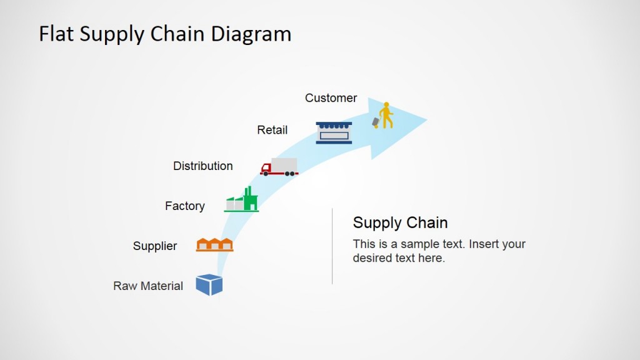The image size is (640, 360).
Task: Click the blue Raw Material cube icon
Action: point(209,284)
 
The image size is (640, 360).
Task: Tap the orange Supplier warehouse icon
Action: point(214,244)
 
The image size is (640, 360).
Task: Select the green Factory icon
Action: point(242,200)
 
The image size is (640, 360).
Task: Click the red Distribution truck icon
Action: point(279,167)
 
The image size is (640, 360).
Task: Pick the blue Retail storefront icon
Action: point(334,132)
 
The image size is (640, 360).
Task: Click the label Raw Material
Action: point(148,286)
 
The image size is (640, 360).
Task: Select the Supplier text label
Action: point(155,246)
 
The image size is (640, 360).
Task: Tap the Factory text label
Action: point(184,206)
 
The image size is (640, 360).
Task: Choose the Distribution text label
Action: point(202,166)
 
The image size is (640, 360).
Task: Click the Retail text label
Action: point(272,130)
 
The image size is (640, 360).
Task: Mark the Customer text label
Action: point(331,98)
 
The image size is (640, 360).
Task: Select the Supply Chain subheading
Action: point(400,222)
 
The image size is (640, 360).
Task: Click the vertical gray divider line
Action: point(332,246)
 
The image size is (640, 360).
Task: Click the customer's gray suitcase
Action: point(376,122)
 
